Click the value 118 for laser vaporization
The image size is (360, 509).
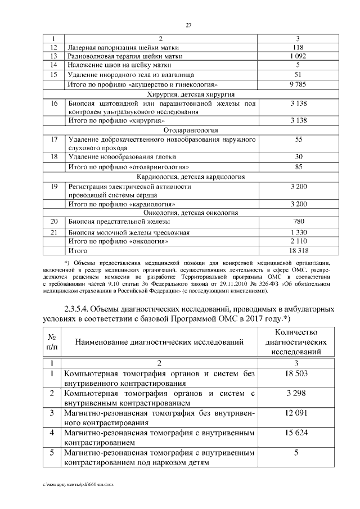(299, 47)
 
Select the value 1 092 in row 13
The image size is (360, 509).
(299, 56)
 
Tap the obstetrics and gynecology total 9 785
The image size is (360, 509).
(299, 84)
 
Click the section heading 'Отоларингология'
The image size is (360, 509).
(191, 130)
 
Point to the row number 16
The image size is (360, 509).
(54, 103)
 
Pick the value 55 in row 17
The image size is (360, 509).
(299, 139)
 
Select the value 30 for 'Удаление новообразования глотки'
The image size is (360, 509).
(299, 156)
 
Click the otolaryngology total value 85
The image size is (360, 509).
(299, 166)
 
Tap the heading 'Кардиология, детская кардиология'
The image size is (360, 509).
(191, 176)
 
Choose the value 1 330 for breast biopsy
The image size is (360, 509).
(299, 232)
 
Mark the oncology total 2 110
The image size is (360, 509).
(299, 241)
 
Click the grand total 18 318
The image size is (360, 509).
(299, 250)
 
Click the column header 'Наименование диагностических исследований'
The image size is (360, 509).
(159, 341)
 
